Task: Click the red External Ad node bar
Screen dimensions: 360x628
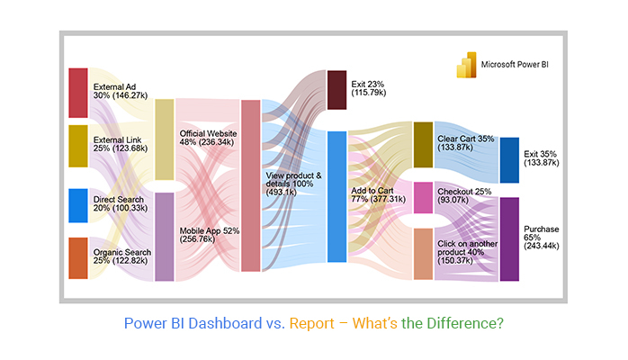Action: coord(78,92)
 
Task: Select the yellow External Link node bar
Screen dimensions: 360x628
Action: coord(78,146)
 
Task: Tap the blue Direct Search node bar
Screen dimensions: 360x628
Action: coord(78,205)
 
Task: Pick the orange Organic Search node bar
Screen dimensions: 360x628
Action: coord(78,258)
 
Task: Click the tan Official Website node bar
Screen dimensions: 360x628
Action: coord(165,139)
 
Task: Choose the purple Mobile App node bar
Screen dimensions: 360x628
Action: coord(165,236)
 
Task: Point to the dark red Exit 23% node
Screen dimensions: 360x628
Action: coord(336,90)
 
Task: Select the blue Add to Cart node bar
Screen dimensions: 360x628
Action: coord(336,196)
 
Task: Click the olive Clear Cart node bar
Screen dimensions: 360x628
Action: coord(423,145)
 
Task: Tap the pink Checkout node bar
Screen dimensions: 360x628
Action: coord(423,198)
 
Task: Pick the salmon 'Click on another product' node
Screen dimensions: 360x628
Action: coord(423,254)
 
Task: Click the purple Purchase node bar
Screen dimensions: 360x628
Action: coord(509,238)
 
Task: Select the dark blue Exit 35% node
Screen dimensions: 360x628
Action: coord(509,160)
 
